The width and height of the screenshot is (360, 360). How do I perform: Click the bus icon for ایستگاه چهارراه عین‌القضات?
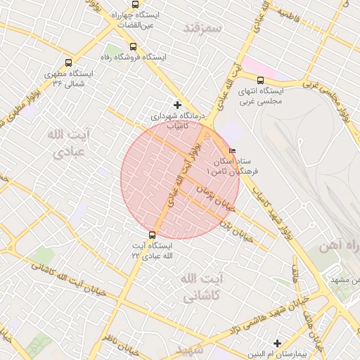coord(136,5)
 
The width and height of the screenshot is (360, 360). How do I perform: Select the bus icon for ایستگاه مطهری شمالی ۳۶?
coord(68,63)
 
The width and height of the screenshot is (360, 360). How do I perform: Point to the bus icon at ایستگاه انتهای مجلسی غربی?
coord(261,81)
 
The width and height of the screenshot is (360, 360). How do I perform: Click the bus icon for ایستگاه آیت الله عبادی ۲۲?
coord(152,236)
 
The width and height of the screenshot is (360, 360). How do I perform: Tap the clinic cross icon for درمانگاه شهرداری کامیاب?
coord(177,105)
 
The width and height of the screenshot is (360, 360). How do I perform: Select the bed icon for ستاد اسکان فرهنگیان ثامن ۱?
coord(233,151)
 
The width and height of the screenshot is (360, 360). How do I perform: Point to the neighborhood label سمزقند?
coord(202,28)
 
